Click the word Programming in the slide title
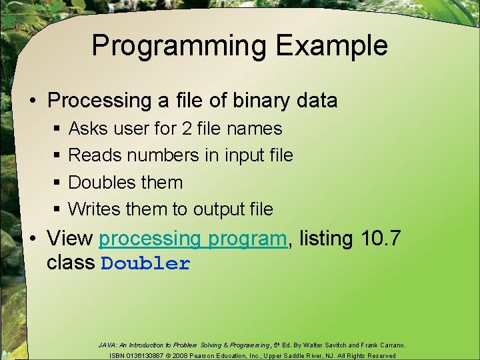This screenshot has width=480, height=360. coord(179,46)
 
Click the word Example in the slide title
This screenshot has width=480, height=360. coord(331,46)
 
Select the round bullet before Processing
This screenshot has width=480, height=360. coord(32,101)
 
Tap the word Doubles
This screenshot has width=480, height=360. coord(103,182)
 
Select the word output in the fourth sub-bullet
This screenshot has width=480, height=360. coord(219,209)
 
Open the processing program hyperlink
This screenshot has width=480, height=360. coord(193,239)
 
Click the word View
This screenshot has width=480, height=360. coord(69,238)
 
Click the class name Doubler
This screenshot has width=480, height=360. coord(145,263)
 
